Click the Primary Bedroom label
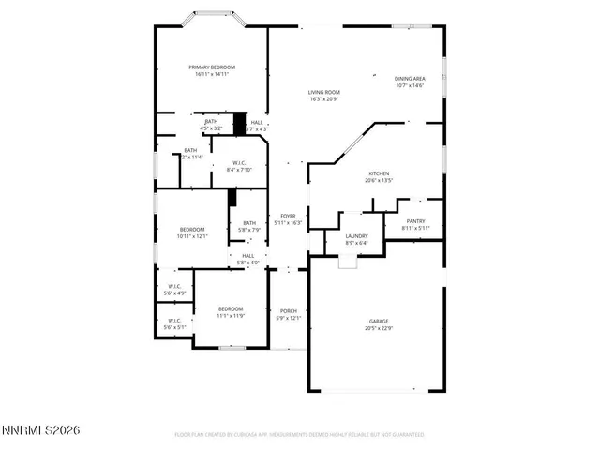[212, 67]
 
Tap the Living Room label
[323, 92]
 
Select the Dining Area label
[410, 79]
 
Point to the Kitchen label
[378, 173]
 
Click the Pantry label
[415, 222]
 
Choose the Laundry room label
[356, 236]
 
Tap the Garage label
[378, 322]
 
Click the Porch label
[288, 311]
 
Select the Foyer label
[288, 216]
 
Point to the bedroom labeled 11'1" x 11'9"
[231, 308]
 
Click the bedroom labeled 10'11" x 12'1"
[191, 229]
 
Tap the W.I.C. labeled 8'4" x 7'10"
[240, 163]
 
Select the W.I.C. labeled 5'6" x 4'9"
[175, 286]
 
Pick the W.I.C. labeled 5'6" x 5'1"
[175, 320]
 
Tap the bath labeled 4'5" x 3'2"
[212, 122]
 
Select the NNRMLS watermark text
[41, 430]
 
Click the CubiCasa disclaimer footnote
[300, 434]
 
